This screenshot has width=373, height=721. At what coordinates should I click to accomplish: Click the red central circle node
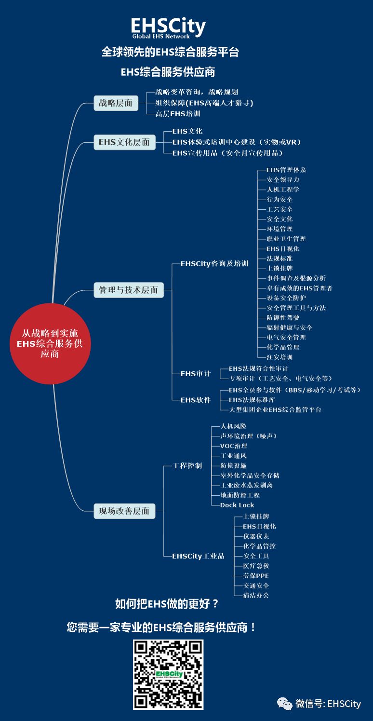pos(51,343)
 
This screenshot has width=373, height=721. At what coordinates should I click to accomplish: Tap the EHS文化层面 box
pos(124,142)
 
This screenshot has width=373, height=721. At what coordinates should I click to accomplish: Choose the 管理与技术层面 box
pos(129,290)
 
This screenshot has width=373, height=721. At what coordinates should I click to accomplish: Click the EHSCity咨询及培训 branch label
pos(214,264)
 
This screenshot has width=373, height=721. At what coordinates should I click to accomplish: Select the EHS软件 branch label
pos(195,400)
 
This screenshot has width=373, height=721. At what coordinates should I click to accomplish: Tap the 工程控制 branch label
pos(187,466)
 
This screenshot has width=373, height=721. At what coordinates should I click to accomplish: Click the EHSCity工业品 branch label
pos(198,556)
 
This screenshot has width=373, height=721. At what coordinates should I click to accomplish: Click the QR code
pos(168,674)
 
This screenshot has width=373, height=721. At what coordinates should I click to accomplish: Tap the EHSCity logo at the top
pos(168,27)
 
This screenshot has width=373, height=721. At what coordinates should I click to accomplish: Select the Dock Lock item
pos(237,505)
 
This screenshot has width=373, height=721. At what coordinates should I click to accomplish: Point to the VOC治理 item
pos(234,446)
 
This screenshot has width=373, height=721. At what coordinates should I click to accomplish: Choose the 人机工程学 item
pos(283,190)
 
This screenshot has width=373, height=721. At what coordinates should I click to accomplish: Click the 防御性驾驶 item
pos(283,318)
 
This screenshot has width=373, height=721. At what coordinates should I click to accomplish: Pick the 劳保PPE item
pos(256,576)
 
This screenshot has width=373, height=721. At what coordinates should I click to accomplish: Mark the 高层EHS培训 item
pos(177,114)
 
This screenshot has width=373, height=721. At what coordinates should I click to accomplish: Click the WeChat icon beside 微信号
pos(284,704)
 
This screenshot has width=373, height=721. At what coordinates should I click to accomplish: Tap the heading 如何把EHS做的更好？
pos(167,604)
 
